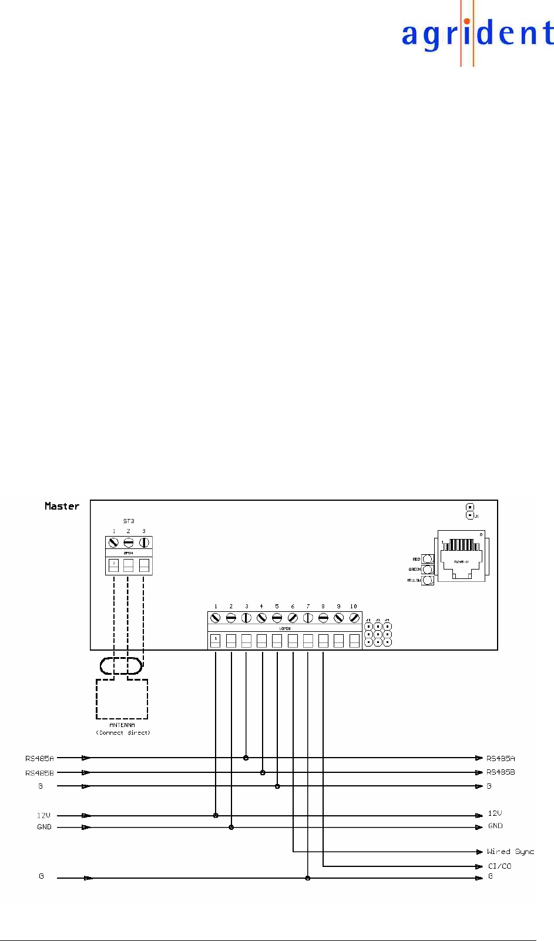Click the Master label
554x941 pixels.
tap(62, 506)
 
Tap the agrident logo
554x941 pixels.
tap(477, 34)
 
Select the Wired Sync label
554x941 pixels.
tap(510, 852)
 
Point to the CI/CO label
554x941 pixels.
tap(499, 866)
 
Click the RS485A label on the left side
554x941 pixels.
tap(39, 758)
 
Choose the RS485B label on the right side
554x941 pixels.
tap(501, 772)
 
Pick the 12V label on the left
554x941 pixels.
tap(43, 815)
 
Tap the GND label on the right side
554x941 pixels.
tap(495, 826)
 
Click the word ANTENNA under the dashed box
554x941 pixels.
tap(122, 725)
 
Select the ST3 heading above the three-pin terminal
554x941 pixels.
tap(129, 521)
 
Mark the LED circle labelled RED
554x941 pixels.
tap(428, 559)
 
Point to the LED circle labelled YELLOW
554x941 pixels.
tap(428, 580)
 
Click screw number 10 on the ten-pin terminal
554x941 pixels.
tap(354, 618)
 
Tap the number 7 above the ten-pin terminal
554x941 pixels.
tap(308, 606)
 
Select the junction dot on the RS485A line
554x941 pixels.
tap(246, 758)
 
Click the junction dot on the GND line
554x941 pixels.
tap(231, 827)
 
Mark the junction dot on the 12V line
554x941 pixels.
tap(216, 815)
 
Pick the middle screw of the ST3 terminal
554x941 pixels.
tap(129, 543)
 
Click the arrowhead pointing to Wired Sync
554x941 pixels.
tap(479, 852)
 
